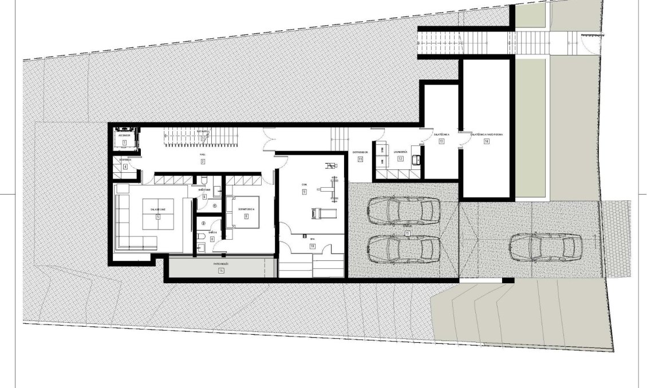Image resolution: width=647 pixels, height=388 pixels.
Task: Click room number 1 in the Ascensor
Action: coord(124,140)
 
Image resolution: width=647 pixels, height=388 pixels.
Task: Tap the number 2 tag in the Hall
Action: coord(203,162)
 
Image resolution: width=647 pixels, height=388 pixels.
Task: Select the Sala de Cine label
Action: coord(158,211)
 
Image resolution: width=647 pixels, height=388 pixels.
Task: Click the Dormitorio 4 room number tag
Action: coord(246,217)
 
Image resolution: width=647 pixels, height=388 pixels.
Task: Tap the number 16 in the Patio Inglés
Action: coord(220,272)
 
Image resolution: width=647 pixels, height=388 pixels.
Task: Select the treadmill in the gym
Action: coord(317,213)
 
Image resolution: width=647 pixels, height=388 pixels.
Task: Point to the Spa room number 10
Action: coord(313,246)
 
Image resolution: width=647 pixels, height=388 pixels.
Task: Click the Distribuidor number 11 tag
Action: coord(361,159)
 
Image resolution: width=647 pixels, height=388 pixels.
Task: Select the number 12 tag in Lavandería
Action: coord(400,159)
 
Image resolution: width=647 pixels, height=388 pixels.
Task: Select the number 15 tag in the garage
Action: coord(407,233)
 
